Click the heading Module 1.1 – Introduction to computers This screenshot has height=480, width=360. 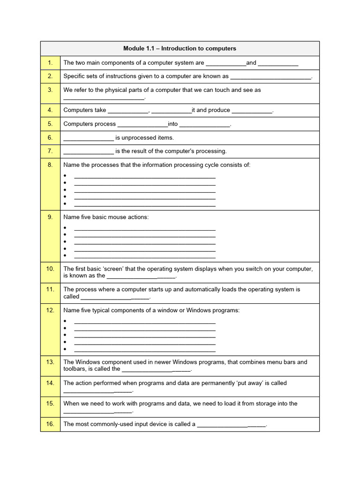[x=180, y=48]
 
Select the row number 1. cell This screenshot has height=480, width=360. [x=50, y=62]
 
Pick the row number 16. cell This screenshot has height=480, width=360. [x=50, y=424]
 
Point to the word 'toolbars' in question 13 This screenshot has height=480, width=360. [x=75, y=369]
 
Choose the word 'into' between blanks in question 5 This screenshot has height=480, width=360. [x=173, y=124]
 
